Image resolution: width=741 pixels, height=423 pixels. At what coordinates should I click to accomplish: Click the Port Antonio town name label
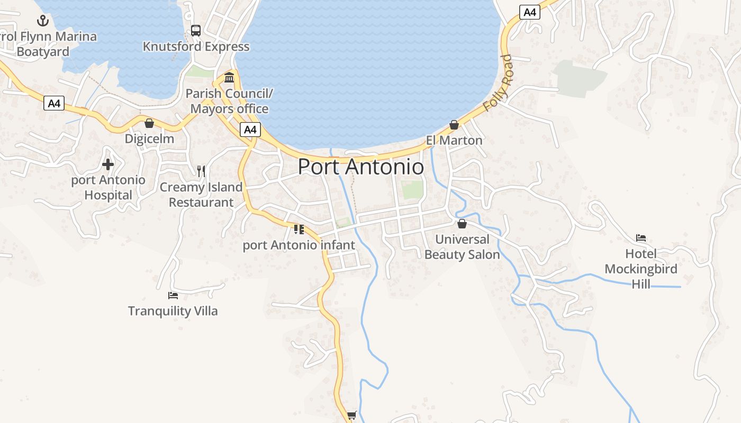(360, 167)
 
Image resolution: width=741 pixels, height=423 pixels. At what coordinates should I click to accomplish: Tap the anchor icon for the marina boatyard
(42, 21)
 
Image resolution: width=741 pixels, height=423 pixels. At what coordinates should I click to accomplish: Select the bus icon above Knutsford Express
(196, 31)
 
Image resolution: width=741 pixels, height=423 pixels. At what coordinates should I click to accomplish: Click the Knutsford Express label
(196, 47)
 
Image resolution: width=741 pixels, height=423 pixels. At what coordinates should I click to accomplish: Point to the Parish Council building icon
(229, 78)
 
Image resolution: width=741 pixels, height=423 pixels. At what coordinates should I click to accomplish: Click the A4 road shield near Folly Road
(529, 12)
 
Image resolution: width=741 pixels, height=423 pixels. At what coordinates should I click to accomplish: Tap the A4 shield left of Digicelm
(54, 103)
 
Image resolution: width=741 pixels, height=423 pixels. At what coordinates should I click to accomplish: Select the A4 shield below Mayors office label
(250, 130)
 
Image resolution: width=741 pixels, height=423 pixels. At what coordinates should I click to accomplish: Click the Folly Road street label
(498, 83)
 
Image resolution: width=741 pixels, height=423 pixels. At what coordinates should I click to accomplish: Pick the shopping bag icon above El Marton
(454, 125)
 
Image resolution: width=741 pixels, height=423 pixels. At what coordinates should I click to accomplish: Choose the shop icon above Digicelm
(149, 123)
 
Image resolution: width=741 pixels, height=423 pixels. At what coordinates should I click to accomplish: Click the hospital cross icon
(108, 164)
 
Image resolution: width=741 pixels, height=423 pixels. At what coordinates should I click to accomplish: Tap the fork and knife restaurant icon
(201, 171)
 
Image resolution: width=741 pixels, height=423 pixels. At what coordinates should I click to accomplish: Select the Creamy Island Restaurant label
(201, 195)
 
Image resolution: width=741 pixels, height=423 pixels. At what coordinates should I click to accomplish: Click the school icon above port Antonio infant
(299, 229)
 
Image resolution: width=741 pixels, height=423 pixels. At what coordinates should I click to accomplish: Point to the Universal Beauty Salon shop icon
(462, 224)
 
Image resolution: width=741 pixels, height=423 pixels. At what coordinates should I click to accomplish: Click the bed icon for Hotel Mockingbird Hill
(641, 238)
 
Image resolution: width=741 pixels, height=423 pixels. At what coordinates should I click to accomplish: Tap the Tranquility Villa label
(173, 310)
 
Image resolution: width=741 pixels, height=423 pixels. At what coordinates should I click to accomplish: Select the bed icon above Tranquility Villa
(173, 295)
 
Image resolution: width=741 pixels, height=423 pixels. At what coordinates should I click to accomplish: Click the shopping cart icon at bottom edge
(351, 415)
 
